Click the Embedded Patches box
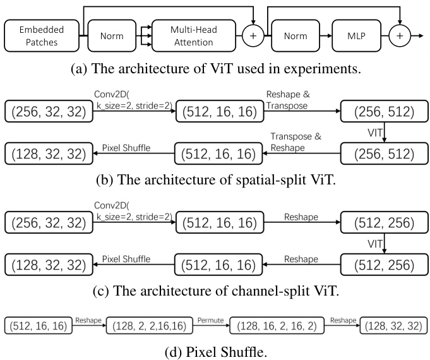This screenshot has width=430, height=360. (x=42, y=36)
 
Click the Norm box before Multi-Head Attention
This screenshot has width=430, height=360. (x=116, y=36)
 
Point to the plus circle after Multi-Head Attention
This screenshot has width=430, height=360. (x=253, y=36)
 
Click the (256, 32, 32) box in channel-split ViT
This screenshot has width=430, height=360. (x=46, y=224)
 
